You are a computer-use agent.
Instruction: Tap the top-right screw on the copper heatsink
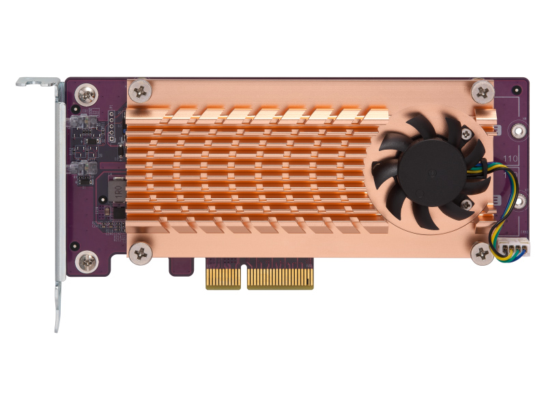click(482, 90)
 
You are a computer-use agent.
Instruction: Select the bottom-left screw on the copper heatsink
click(141, 252)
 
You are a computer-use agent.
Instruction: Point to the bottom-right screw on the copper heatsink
click(482, 254)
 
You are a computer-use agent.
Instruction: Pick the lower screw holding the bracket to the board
click(87, 260)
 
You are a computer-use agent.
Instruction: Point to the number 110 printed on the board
click(511, 161)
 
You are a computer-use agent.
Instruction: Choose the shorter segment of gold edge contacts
click(222, 276)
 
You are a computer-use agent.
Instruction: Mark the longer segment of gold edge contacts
click(281, 276)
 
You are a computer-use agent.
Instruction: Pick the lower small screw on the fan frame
click(467, 204)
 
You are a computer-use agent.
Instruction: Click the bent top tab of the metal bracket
click(38, 83)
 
